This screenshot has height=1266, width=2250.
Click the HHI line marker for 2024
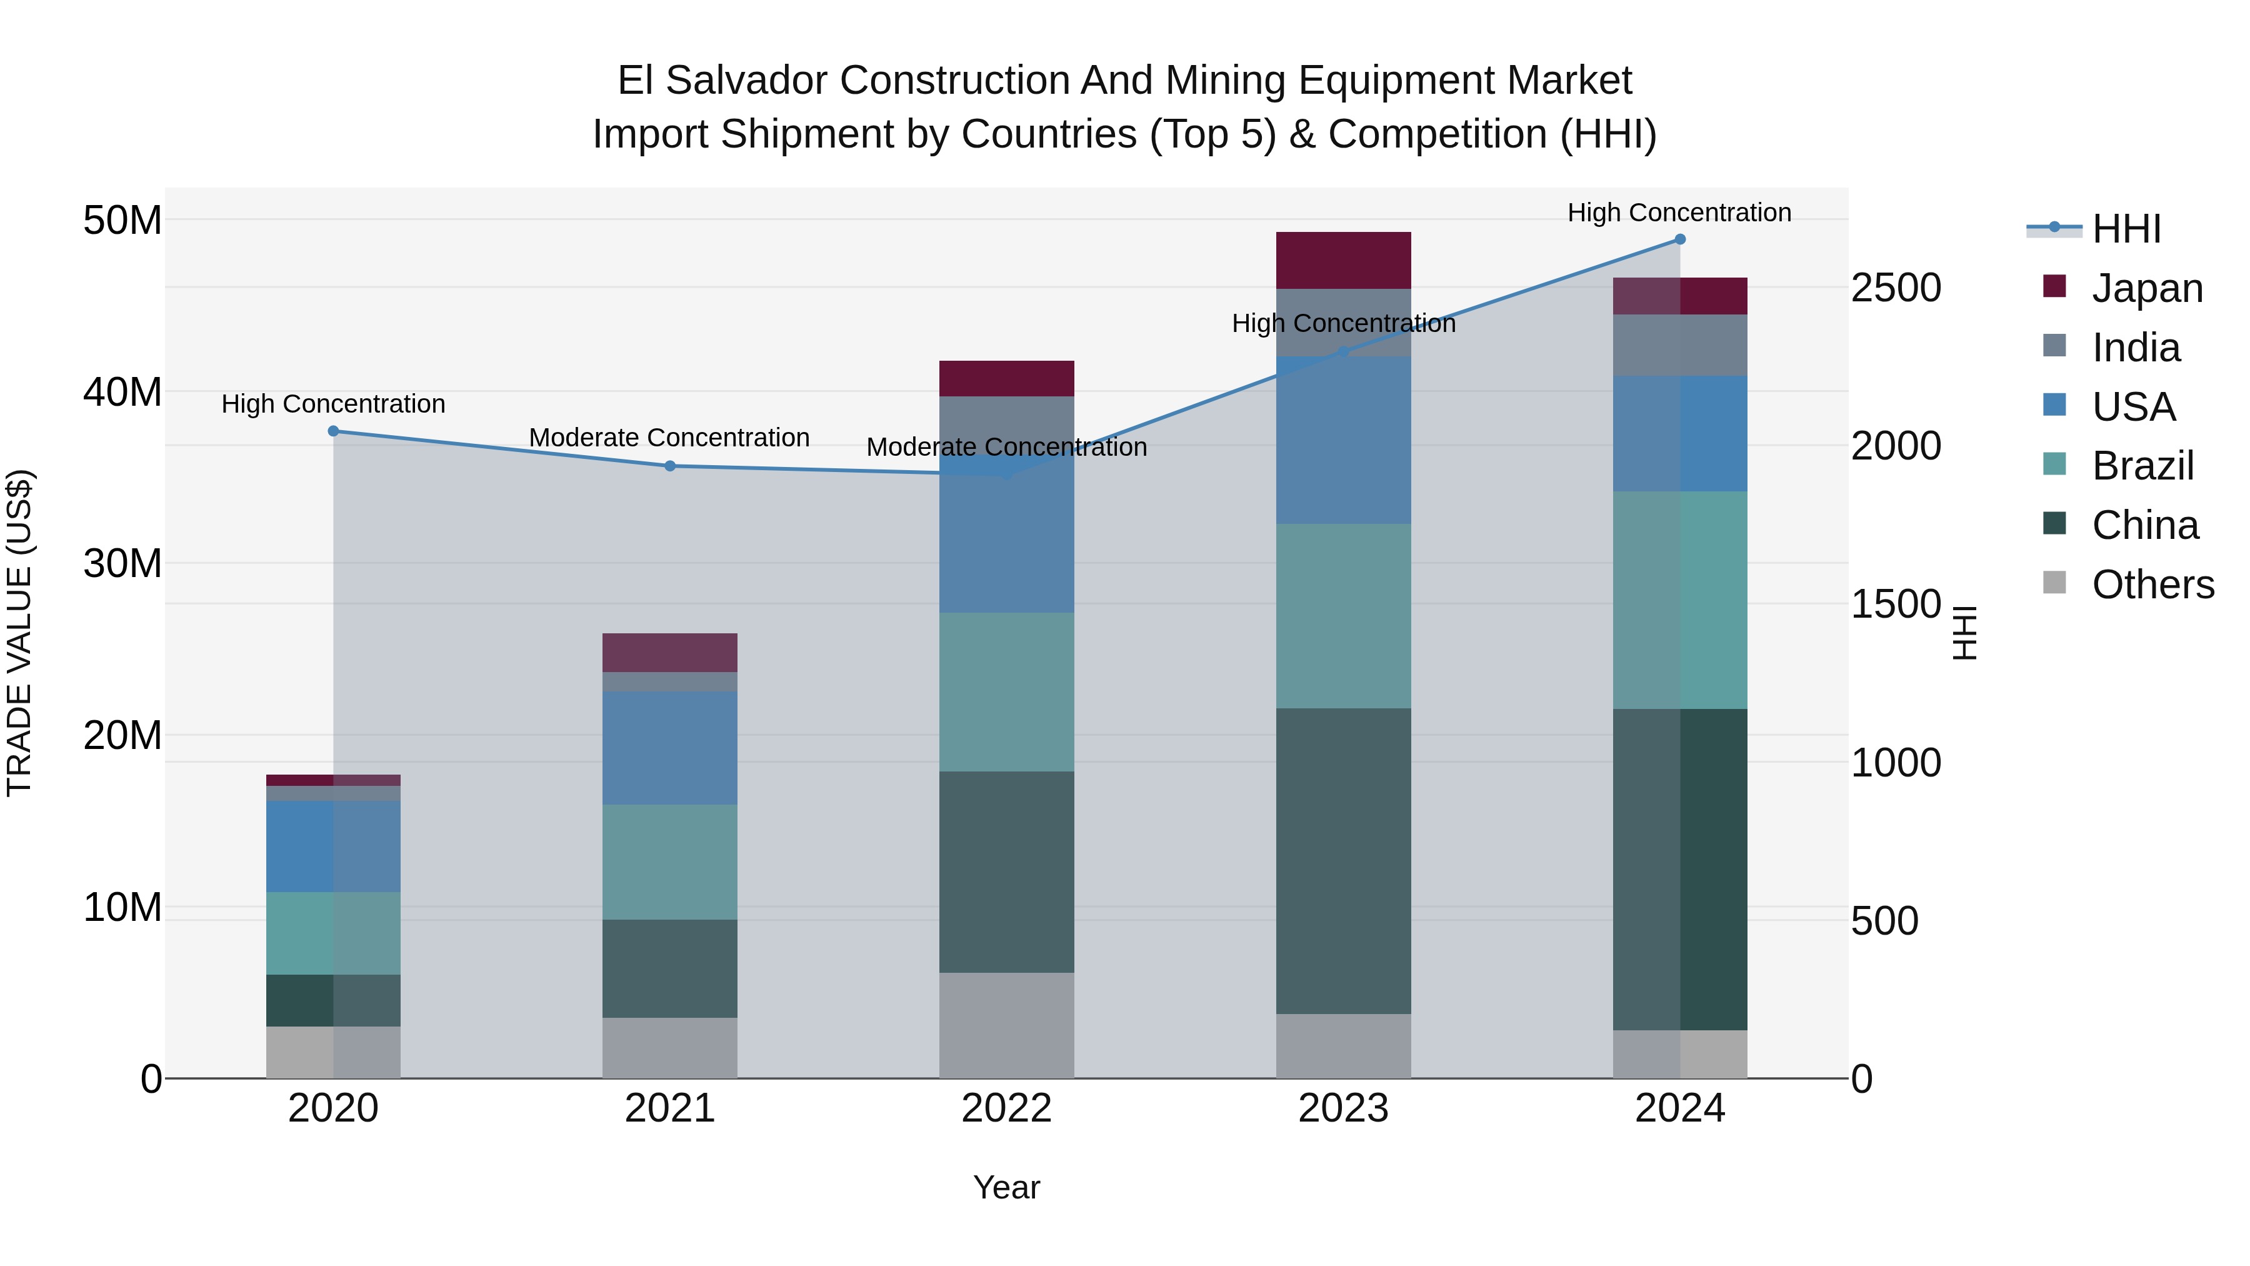point(1679,239)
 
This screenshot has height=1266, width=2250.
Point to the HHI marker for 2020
point(332,431)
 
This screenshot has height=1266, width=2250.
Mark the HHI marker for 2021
point(670,466)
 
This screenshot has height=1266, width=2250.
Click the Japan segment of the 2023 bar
point(1343,260)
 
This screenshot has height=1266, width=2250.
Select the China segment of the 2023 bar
point(1343,861)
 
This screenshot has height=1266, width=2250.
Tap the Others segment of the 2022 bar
point(1006,1025)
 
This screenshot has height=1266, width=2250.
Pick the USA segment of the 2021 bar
point(670,748)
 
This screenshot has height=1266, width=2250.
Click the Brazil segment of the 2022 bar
point(1006,692)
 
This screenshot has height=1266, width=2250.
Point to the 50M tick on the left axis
point(122,220)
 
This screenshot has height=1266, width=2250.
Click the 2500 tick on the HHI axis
point(1896,288)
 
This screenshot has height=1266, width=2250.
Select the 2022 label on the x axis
point(1006,1108)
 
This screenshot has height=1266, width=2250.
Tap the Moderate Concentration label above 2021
point(670,438)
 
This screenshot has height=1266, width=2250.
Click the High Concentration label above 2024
point(1679,213)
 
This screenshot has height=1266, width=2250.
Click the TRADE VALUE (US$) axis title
point(19,633)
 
